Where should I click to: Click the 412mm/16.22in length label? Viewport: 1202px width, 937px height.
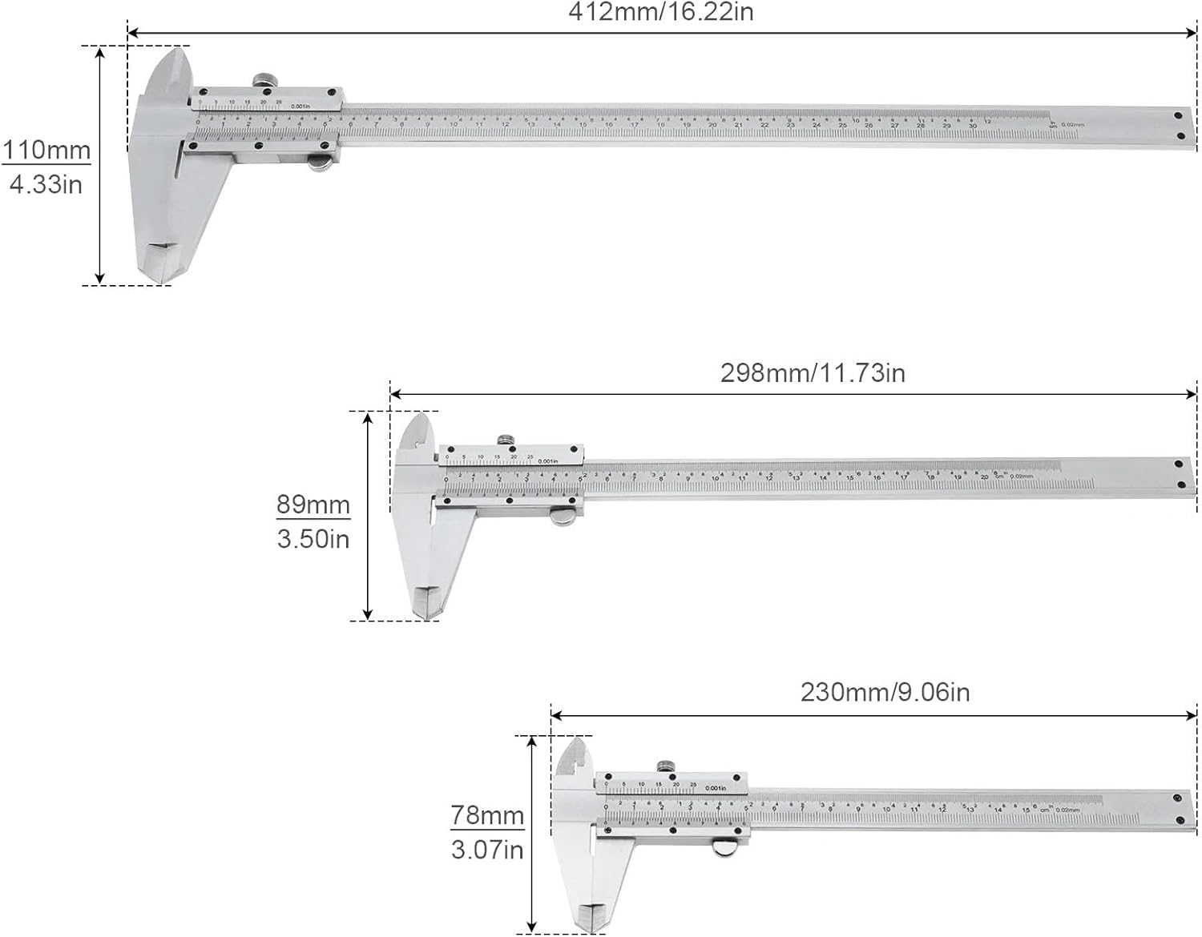(x=660, y=12)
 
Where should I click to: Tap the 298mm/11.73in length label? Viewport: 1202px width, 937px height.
(x=813, y=373)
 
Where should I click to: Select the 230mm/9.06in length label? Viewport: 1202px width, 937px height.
(x=885, y=692)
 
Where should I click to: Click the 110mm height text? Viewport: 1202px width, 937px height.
(x=46, y=150)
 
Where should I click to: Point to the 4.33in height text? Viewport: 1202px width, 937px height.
(x=46, y=184)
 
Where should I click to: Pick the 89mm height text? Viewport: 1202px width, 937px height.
(x=313, y=505)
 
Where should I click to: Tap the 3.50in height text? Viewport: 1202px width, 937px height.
(x=313, y=539)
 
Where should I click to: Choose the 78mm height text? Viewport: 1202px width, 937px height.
(x=487, y=815)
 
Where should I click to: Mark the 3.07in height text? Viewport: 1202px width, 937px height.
(x=487, y=850)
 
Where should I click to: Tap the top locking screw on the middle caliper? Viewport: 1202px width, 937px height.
(x=506, y=439)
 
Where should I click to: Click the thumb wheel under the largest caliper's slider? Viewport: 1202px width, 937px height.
(x=321, y=165)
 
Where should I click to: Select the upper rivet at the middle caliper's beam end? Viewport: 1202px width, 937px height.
(x=1179, y=464)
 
